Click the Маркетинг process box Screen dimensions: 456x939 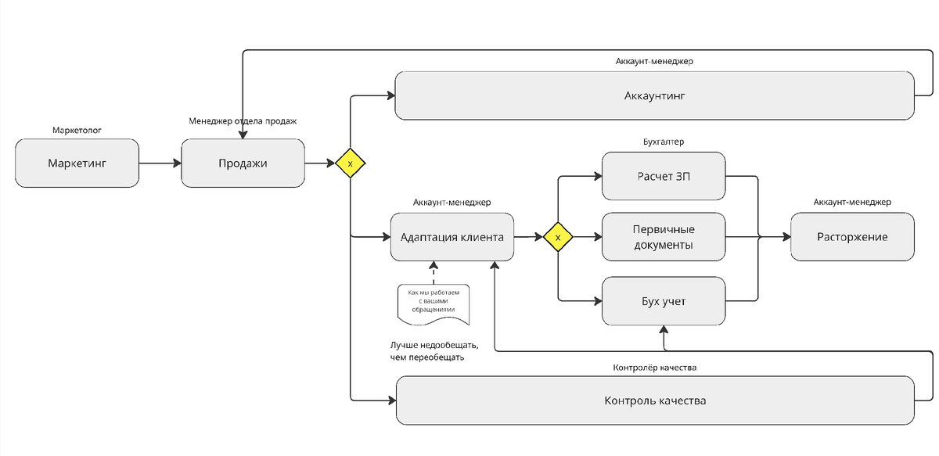tap(77, 163)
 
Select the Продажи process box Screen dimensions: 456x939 tap(243, 163)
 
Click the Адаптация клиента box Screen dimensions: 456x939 tap(452, 236)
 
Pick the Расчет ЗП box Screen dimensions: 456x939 tap(664, 175)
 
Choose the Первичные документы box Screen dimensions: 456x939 tap(664, 236)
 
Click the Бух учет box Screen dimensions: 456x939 tap(664, 300)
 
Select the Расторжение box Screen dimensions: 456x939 tap(852, 236)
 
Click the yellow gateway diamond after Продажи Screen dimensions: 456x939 tap(351, 163)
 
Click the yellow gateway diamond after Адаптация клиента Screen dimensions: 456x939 tap(558, 236)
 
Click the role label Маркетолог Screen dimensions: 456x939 tap(77, 130)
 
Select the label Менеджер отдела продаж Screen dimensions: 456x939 tap(243, 121)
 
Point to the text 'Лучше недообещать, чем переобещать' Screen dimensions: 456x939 tap(434, 351)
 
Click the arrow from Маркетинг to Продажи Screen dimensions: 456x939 tap(160, 163)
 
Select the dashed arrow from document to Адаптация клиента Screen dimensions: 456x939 tap(431, 273)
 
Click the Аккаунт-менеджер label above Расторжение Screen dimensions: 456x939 tap(852, 203)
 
